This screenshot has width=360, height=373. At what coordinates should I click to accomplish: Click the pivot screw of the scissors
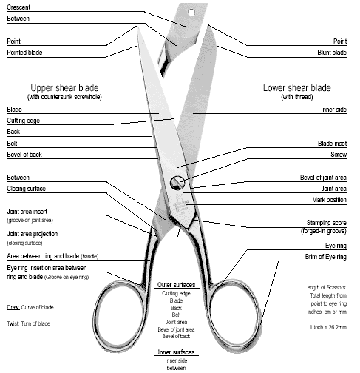tap(177, 183)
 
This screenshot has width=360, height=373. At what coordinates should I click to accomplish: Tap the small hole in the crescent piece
tap(191, 13)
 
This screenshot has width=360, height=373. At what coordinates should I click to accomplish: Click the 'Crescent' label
tap(18, 7)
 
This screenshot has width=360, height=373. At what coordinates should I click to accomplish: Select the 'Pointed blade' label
tap(24, 53)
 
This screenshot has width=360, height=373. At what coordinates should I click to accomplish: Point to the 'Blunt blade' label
tap(332, 53)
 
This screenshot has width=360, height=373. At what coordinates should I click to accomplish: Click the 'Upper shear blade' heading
tap(64, 88)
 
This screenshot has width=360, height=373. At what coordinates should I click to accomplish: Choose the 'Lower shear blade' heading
tap(297, 88)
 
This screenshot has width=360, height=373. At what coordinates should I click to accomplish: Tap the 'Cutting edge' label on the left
tap(23, 121)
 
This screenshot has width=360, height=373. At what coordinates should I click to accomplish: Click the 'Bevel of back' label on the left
tap(24, 155)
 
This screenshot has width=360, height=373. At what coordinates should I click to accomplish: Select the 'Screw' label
tap(339, 155)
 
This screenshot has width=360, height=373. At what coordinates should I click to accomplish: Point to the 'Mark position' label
tap(329, 200)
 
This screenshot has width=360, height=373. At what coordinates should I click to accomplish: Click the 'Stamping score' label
tap(327, 223)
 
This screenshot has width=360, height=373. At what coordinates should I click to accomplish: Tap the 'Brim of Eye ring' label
tap(326, 257)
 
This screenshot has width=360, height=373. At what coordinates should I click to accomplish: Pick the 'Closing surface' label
tap(26, 189)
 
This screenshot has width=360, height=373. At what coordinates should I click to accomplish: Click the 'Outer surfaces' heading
tap(176, 285)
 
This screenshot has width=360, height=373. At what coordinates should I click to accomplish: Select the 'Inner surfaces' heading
tap(176, 352)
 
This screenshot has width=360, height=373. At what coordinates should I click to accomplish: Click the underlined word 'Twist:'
tap(13, 323)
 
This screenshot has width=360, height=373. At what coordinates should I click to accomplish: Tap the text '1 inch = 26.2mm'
tap(328, 327)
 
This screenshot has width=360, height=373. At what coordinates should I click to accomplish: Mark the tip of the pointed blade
tap(137, 26)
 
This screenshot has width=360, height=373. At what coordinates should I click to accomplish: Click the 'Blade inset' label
tap(332, 144)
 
